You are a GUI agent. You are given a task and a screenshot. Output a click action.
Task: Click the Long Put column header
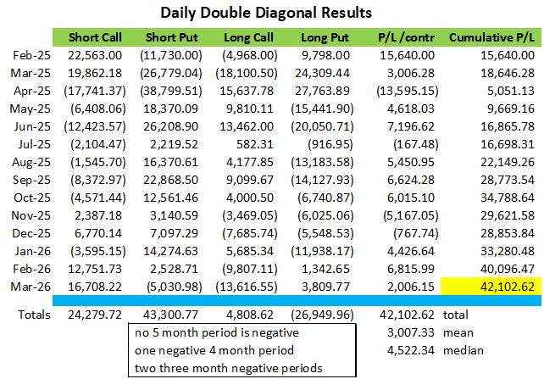pyautogui.click(x=327, y=38)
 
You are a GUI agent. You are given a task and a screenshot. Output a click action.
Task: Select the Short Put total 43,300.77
pyautogui.click(x=175, y=315)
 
